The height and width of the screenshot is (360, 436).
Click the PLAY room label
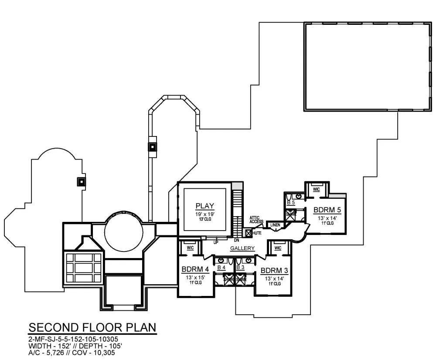pos(204,206)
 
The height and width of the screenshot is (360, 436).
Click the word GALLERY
pos(242,248)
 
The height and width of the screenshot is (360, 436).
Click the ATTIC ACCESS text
pos(256,220)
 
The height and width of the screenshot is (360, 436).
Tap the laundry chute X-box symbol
pos(248,233)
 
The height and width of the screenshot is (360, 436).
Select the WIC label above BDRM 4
pos(190,248)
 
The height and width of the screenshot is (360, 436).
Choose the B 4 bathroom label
pos(221,267)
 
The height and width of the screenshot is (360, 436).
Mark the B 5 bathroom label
pos(290,203)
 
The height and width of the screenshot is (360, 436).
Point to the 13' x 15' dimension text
pos(193,277)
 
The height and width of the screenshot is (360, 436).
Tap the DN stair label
pos(236,240)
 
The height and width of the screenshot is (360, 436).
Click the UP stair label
pos(215,242)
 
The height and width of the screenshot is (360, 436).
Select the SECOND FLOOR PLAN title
pos(92,327)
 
